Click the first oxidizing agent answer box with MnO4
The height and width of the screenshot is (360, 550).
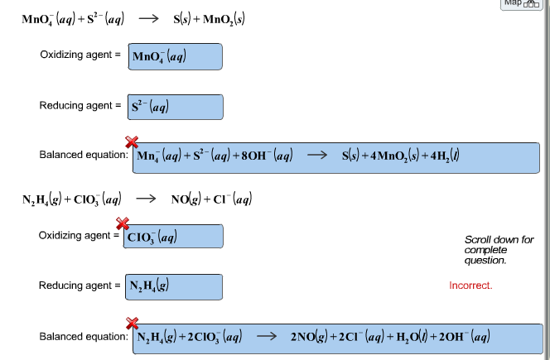click(x=176, y=56)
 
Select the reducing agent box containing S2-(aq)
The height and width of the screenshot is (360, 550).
click(x=176, y=107)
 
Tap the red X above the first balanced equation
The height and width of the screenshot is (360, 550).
click(x=132, y=142)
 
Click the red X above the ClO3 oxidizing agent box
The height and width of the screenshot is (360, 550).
click(x=123, y=223)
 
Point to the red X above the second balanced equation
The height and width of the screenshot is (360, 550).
click(x=132, y=323)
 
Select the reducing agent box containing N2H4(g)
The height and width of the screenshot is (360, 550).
click(x=173, y=286)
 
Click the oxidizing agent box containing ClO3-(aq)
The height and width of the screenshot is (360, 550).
click(x=173, y=237)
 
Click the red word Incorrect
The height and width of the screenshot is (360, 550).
click(x=470, y=286)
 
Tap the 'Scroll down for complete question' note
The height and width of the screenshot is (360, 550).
click(x=499, y=250)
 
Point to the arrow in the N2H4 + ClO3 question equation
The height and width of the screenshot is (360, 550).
click(x=146, y=199)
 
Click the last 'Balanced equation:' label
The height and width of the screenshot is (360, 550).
click(x=83, y=337)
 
